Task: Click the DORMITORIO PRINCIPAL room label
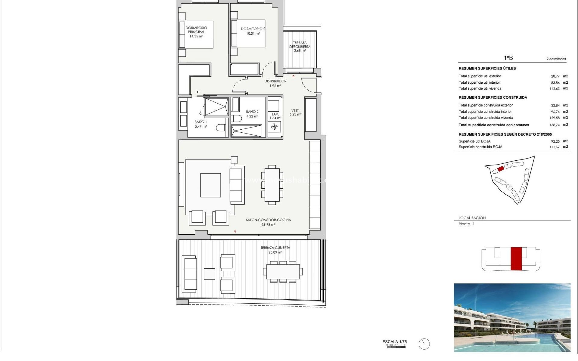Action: [x=196, y=30]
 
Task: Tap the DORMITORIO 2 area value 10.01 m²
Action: [x=253, y=34]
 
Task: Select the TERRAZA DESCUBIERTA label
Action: [x=300, y=45]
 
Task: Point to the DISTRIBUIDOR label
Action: [x=275, y=81]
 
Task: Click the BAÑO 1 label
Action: [x=200, y=122]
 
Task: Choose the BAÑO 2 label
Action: [x=252, y=112]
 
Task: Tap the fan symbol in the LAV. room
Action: [x=274, y=127]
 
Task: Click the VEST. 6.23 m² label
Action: [x=295, y=113]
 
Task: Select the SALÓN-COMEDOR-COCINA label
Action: [x=268, y=220]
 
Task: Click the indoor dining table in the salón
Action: [x=272, y=185]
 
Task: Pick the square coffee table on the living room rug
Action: [x=210, y=185]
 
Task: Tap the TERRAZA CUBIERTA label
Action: [x=275, y=248]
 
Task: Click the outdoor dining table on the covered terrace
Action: [x=283, y=271]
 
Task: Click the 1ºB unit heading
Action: [x=508, y=58]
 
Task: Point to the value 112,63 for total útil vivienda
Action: [x=554, y=89]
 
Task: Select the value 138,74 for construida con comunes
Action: [x=554, y=125]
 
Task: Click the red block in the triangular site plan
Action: [x=501, y=169]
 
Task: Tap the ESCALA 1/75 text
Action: [x=394, y=342]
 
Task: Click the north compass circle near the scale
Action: [x=424, y=344]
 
